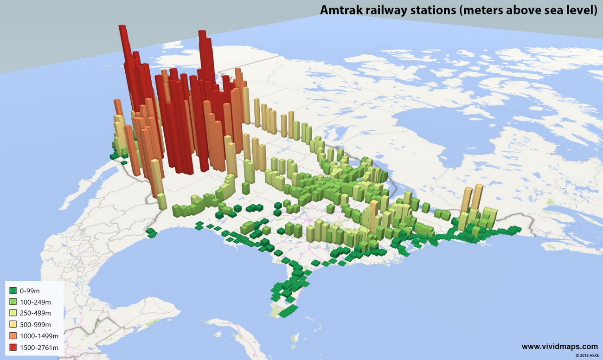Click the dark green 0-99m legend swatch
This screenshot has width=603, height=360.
(13, 291)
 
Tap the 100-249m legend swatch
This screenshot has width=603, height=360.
(13, 302)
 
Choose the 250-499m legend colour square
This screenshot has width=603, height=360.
(13, 313)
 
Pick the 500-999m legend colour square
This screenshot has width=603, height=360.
(13, 325)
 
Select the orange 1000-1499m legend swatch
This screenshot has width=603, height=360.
(13, 336)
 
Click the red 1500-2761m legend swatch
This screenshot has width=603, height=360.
(13, 347)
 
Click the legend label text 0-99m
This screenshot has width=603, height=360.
(30, 291)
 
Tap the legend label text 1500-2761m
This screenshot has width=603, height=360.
(39, 347)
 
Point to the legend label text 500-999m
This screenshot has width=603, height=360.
(35, 325)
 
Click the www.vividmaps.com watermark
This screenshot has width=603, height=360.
(559, 347)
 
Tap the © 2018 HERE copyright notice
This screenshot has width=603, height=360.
(587, 355)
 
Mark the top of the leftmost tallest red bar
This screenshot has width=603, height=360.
(122, 27)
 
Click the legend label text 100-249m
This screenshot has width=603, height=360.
(35, 302)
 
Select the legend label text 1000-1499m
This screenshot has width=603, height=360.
(39, 336)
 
